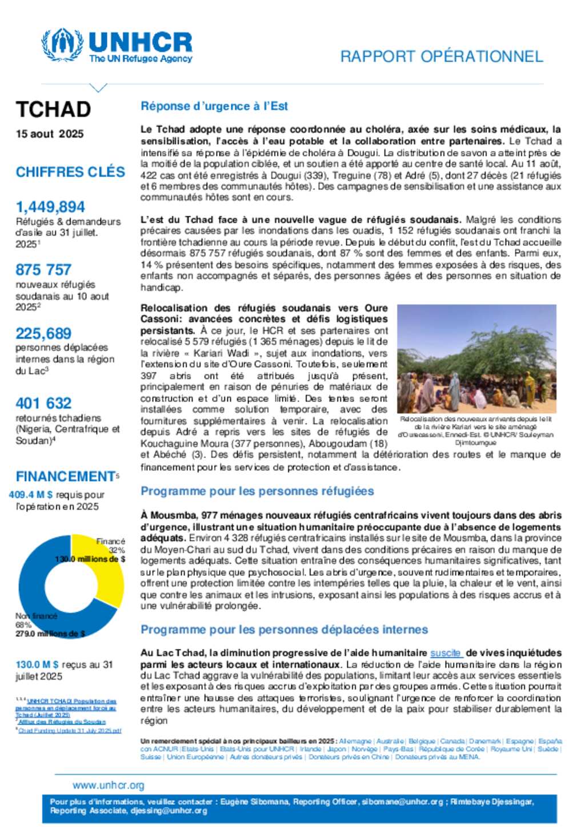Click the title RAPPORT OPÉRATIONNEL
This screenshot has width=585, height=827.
click(x=441, y=57)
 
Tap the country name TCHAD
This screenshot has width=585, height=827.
click(x=53, y=109)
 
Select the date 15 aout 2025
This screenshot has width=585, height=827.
click(x=50, y=134)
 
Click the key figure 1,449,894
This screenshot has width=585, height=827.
click(x=50, y=207)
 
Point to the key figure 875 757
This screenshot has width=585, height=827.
click(x=43, y=269)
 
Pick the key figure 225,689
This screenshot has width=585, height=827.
click(x=43, y=333)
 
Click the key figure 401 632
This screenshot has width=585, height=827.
click(x=43, y=403)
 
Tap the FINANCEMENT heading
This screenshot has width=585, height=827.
click(x=66, y=476)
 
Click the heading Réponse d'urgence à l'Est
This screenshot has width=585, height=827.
click(x=214, y=106)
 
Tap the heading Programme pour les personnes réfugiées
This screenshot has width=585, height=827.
click(x=257, y=491)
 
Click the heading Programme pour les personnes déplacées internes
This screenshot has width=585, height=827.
click(x=284, y=630)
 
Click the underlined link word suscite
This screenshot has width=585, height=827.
click(x=445, y=653)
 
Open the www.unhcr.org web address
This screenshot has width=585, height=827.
click(x=109, y=785)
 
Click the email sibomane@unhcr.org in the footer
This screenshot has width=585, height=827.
click(x=403, y=802)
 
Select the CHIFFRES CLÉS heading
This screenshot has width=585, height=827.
click(x=70, y=172)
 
